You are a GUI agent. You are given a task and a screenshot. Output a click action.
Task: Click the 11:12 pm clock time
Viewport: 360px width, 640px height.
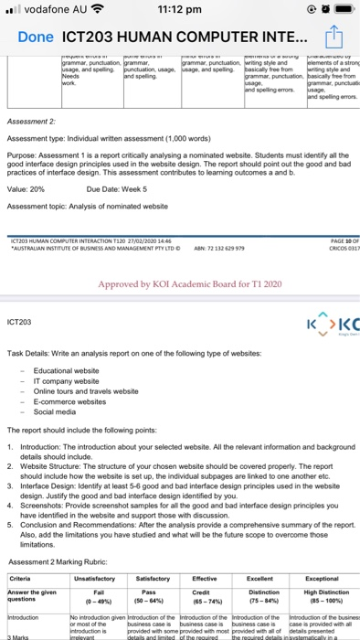point(180,11)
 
